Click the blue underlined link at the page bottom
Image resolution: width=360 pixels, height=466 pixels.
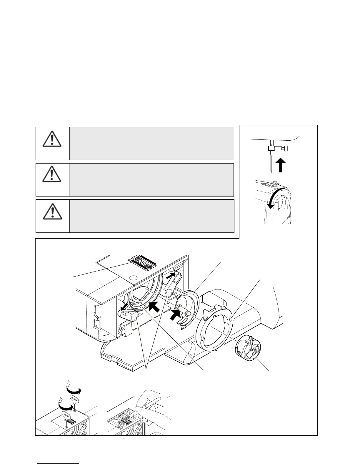coord(58,463)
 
